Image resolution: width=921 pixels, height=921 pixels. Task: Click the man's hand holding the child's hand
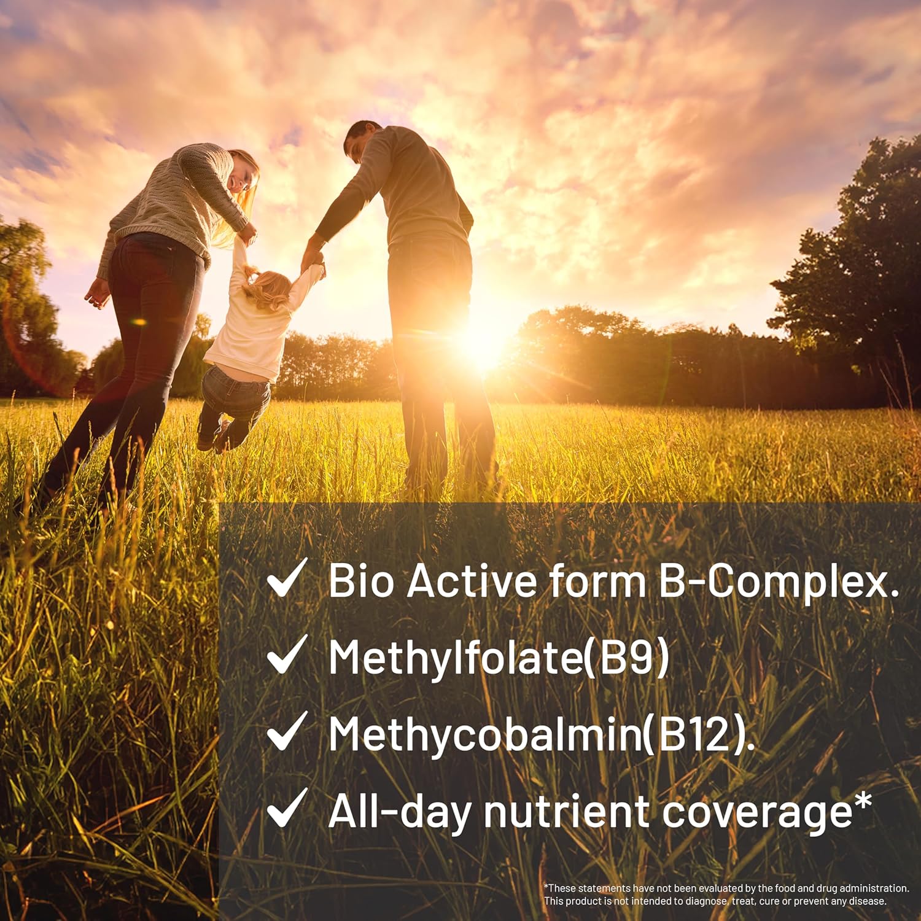click(x=313, y=257)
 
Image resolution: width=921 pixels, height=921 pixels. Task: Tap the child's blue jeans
click(x=236, y=399)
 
